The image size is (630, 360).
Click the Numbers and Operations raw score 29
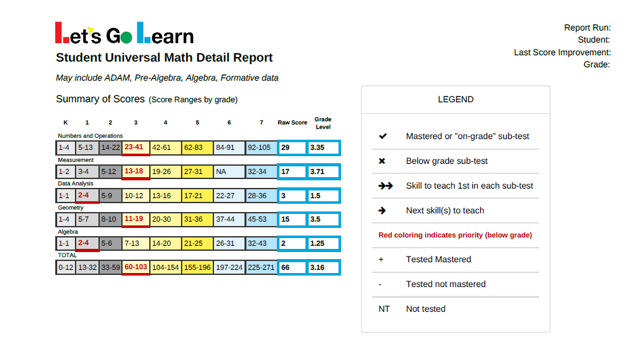pyautogui.click(x=292, y=148)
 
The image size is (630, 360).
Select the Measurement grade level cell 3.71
pyautogui.click(x=323, y=171)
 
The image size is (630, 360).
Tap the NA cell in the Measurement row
pyautogui.click(x=229, y=171)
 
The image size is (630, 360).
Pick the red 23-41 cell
pyautogui.click(x=136, y=147)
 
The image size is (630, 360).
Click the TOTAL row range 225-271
pyautogui.click(x=261, y=267)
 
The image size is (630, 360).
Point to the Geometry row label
pyautogui.click(x=70, y=208)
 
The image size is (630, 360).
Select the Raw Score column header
pyautogui.click(x=292, y=123)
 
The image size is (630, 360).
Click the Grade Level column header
pyautogui.click(x=323, y=123)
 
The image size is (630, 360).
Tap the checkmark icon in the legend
pyautogui.click(x=382, y=137)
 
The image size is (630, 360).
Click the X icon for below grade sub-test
pyautogui.click(x=382, y=161)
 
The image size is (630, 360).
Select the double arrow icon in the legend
pyautogui.click(x=385, y=185)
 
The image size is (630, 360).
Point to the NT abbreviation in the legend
pyautogui.click(x=384, y=309)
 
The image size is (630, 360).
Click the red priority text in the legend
pyautogui.click(x=455, y=235)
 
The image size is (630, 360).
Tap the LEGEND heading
pyautogui.click(x=455, y=99)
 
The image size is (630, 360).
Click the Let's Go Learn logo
pyautogui.click(x=124, y=33)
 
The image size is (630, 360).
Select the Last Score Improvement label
pyautogui.click(x=563, y=53)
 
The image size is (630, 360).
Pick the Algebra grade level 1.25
pyautogui.click(x=323, y=243)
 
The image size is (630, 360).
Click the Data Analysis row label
pyautogui.click(x=76, y=183)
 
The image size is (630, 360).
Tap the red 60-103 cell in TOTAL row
pyautogui.click(x=136, y=267)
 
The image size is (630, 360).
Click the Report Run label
pyautogui.click(x=587, y=28)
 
